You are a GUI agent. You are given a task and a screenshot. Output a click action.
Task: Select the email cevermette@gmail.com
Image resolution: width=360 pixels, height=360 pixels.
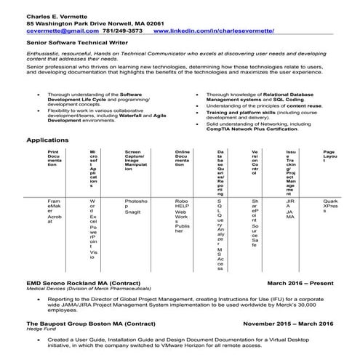click(x=57, y=32)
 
